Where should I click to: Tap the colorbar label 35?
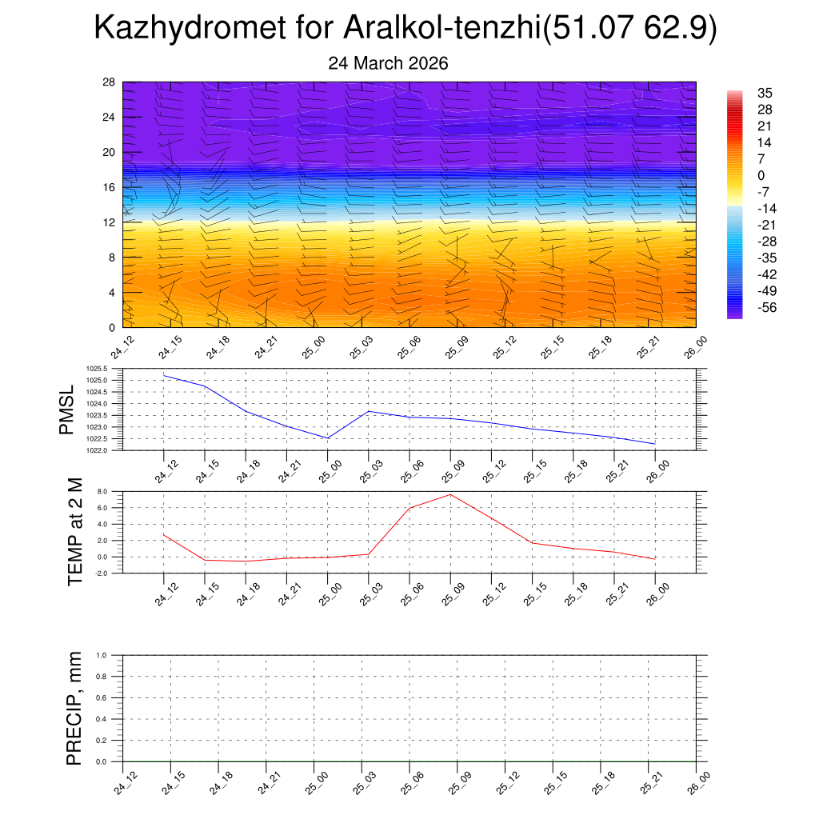point(765,94)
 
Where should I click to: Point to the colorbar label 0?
point(761,176)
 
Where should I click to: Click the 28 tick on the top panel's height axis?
point(110,82)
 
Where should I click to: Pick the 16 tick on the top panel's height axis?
point(110,187)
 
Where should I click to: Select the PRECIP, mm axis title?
point(74,708)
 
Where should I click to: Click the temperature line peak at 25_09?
point(450,494)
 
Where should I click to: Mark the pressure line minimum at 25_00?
point(327,438)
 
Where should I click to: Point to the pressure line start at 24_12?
point(164,375)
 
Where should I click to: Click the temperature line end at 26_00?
point(655,558)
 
